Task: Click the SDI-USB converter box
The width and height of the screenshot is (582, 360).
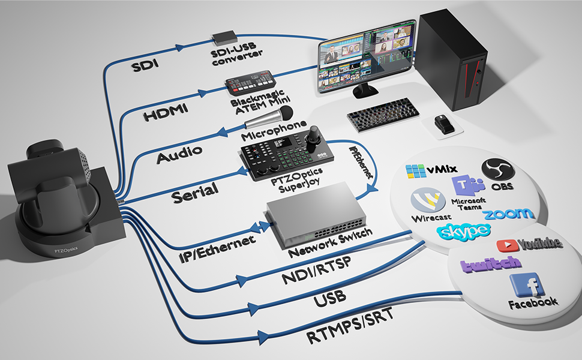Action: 224,37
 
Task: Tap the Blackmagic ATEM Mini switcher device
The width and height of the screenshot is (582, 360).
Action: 251,83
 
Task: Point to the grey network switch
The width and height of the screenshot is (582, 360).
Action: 315,216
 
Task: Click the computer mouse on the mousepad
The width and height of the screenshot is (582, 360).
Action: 444,124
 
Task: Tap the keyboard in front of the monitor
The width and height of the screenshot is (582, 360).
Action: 383,115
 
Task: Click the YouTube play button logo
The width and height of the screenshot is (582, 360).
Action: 506,245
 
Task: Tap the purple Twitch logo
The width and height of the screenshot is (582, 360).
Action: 491,264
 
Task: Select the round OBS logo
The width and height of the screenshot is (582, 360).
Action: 498,170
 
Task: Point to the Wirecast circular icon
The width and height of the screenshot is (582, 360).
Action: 428,200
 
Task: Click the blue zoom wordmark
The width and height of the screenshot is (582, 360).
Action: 509,214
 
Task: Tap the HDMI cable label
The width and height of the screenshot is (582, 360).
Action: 166,112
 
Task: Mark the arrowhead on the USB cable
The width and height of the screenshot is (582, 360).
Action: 254,308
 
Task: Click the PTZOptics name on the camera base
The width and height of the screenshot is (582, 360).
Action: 65,250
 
